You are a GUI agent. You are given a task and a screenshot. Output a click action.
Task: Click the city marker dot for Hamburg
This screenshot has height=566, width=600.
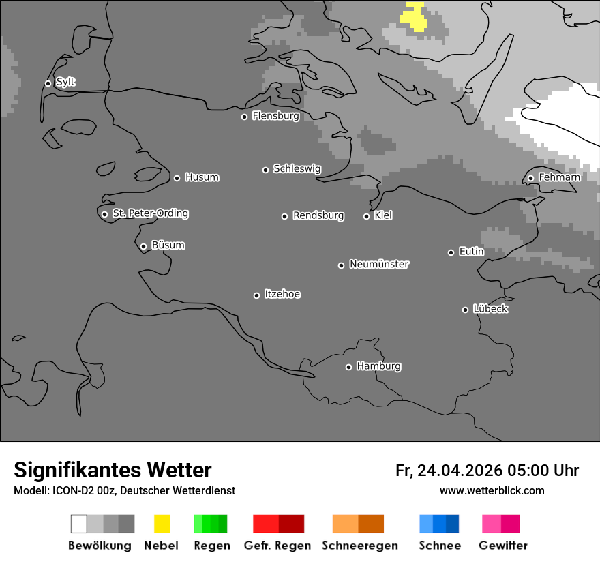[348, 367]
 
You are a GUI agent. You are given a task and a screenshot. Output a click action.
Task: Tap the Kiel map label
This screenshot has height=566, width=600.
[383, 215]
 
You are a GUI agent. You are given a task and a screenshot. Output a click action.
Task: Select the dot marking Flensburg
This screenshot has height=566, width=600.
[244, 117]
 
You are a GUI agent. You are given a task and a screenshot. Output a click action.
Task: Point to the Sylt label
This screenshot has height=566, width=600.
[65, 83]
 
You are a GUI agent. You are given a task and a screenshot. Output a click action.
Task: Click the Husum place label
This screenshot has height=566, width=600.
[202, 177]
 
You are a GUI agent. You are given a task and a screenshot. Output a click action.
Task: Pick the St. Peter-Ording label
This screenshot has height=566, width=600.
[150, 213]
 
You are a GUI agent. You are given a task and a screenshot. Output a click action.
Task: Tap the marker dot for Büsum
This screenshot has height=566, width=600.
[143, 246]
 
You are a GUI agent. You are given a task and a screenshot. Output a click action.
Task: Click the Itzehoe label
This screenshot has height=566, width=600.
[282, 294]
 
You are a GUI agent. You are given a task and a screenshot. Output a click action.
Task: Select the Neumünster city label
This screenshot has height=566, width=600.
[379, 264]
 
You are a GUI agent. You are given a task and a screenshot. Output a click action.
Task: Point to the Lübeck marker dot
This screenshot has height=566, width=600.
[465, 310]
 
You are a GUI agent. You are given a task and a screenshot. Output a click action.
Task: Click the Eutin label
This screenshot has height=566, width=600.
[471, 252]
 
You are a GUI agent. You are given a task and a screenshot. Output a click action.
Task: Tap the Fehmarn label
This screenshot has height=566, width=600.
[559, 177]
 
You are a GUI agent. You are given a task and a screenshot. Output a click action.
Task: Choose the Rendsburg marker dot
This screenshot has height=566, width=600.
[284, 216]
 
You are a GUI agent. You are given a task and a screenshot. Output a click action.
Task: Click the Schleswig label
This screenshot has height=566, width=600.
[297, 168]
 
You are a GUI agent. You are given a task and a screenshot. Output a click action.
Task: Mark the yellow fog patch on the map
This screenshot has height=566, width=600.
[414, 17]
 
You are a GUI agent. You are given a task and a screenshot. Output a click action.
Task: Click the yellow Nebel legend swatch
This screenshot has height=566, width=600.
[162, 524]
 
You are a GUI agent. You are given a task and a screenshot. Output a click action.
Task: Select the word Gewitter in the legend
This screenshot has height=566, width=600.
[503, 546]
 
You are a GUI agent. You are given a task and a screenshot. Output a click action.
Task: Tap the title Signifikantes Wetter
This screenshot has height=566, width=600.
[112, 470]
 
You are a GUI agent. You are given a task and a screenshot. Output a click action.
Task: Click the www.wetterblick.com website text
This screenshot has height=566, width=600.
[492, 490]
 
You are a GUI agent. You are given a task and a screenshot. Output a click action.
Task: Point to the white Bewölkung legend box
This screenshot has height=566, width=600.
[79, 524]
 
